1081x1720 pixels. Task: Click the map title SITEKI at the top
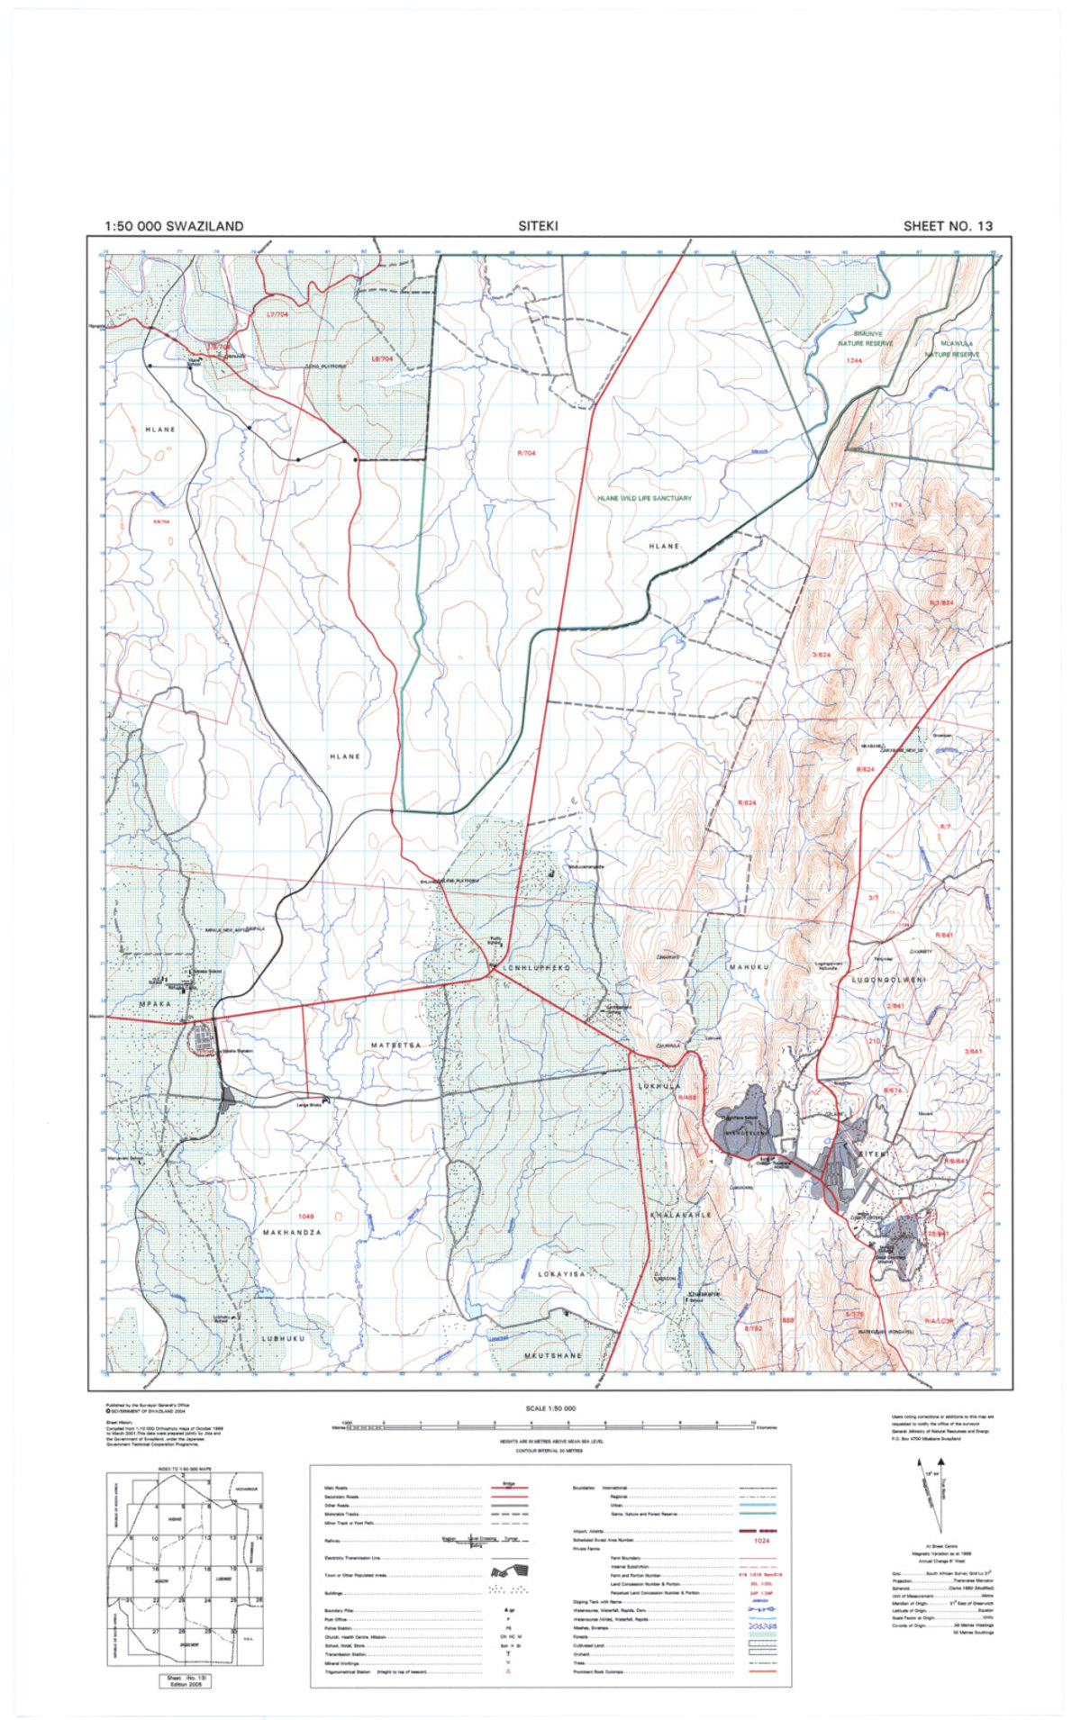pyautogui.click(x=538, y=226)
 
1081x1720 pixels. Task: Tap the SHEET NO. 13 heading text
pyautogui.click(x=948, y=226)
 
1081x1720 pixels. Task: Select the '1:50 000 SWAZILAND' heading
pyautogui.click(x=174, y=226)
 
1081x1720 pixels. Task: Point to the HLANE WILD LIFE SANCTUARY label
pyautogui.click(x=644, y=498)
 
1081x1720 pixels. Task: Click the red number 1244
pyautogui.click(x=854, y=360)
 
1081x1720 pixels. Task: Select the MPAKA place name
pyautogui.click(x=154, y=1002)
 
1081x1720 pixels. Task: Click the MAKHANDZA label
pyautogui.click(x=292, y=1231)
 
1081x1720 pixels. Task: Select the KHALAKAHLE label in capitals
pyautogui.click(x=681, y=1214)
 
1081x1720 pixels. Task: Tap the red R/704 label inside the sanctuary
pyautogui.click(x=527, y=453)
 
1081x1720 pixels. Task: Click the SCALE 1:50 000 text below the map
pyautogui.click(x=550, y=1408)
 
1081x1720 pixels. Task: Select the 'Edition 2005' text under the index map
pyautogui.click(x=186, y=1684)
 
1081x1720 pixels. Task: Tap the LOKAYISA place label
pyautogui.click(x=562, y=1274)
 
